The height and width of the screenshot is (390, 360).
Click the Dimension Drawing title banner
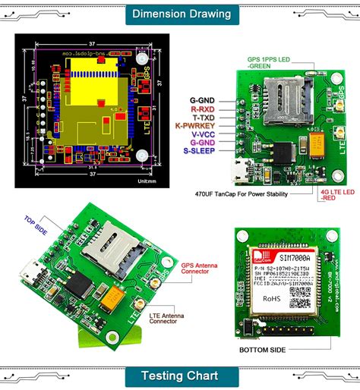coord(180,14)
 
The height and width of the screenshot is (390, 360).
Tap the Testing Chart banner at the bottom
coord(180,376)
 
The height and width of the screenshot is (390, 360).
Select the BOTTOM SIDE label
coord(262,351)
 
